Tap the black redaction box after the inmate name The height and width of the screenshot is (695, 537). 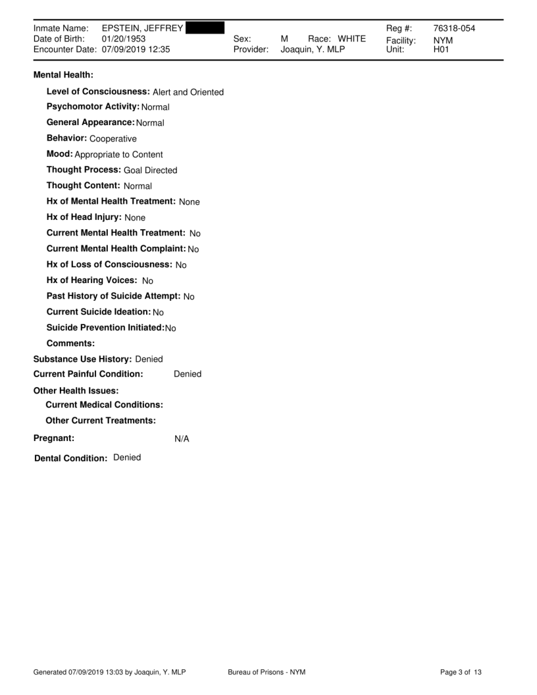[205, 28]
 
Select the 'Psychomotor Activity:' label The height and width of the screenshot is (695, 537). [93, 107]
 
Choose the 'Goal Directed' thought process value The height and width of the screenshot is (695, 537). [151, 170]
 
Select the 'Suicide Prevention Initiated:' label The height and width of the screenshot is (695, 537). [105, 328]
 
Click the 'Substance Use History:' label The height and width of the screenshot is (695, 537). [82, 359]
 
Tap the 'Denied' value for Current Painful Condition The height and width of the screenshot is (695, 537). [188, 374]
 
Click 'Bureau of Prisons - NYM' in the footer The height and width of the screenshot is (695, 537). [267, 672]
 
